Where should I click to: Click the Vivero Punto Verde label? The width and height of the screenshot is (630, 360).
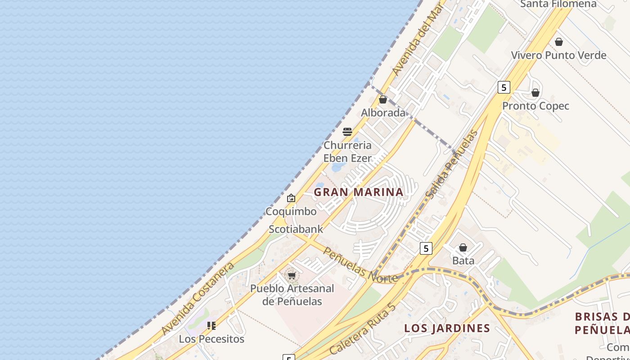pyautogui.click(x=558, y=55)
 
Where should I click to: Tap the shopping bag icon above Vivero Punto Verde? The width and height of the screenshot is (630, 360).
pyautogui.click(x=558, y=42)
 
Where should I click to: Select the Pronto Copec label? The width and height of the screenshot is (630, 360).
pyautogui.click(x=535, y=106)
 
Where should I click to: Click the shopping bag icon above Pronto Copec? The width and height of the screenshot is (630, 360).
pyautogui.click(x=535, y=93)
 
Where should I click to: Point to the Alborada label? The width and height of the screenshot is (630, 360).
pyautogui.click(x=383, y=112)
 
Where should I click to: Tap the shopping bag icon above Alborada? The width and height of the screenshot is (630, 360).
pyautogui.click(x=383, y=99)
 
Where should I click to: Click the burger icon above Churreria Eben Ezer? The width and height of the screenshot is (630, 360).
pyautogui.click(x=347, y=132)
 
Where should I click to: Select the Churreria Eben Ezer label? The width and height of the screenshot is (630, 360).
pyautogui.click(x=347, y=152)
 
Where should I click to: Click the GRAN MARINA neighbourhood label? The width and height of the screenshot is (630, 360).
pyautogui.click(x=358, y=192)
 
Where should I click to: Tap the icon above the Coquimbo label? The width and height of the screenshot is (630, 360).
pyautogui.click(x=291, y=198)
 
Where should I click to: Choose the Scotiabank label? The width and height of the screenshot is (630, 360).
pyautogui.click(x=296, y=229)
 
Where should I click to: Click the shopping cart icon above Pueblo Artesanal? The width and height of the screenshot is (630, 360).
pyautogui.click(x=292, y=275)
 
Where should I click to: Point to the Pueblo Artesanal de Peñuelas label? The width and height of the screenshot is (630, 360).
pyautogui.click(x=292, y=295)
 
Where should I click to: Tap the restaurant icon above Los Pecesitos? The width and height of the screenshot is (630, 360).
pyautogui.click(x=211, y=325)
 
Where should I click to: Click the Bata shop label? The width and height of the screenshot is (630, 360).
pyautogui.click(x=463, y=261)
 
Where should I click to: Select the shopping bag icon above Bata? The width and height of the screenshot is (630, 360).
pyautogui.click(x=463, y=247)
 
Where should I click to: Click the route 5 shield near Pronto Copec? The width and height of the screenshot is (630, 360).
pyautogui.click(x=504, y=87)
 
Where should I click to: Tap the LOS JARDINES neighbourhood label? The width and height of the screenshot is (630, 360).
pyautogui.click(x=447, y=328)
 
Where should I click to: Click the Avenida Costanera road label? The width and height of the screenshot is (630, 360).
pyautogui.click(x=198, y=298)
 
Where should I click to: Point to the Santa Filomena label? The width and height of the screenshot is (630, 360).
pyautogui.click(x=558, y=4)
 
